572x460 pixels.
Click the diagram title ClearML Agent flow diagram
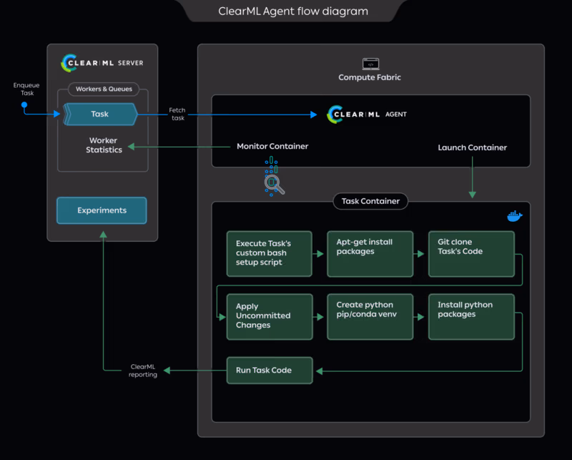tap(292, 11)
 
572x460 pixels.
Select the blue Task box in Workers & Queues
tap(100, 114)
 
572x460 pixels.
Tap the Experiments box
tap(102, 210)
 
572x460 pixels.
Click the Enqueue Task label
tap(26, 89)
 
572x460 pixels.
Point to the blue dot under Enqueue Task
tap(24, 104)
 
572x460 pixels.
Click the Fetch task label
tap(177, 114)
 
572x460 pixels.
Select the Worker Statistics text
tap(104, 145)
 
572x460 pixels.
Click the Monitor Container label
tap(272, 147)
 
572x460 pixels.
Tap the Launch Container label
tap(472, 147)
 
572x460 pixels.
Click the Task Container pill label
tap(370, 201)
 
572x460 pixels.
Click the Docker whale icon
tap(514, 216)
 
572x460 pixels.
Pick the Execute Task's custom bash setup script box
tap(269, 253)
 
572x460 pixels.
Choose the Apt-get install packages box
tap(370, 253)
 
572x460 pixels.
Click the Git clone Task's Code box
tap(471, 253)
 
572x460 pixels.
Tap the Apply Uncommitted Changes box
tap(269, 316)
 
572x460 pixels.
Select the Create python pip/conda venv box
tap(370, 316)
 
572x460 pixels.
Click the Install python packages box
tap(471, 316)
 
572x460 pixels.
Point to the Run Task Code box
tap(269, 370)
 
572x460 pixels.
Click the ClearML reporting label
tap(143, 371)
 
